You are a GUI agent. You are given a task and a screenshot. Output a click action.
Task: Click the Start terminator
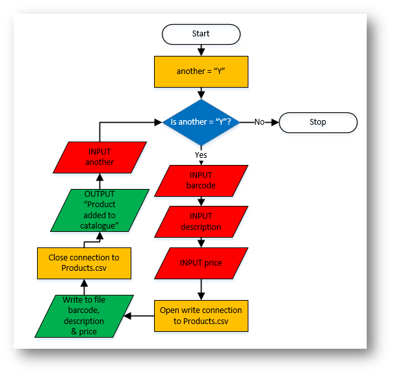[201, 34]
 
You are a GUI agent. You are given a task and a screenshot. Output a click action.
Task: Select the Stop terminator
[318, 122]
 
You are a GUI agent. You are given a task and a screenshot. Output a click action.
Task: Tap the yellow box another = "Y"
[201, 71]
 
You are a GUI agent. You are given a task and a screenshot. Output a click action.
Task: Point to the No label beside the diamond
[259, 122]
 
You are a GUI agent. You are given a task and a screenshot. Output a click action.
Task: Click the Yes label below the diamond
[201, 155]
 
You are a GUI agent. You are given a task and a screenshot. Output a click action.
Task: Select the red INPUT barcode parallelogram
[201, 180]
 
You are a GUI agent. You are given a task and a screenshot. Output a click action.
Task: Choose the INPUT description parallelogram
[201, 222]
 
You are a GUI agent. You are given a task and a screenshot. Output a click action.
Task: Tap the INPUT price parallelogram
[201, 263]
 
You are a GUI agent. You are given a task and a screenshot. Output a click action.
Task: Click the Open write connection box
[201, 316]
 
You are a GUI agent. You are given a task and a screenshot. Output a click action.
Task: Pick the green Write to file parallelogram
[84, 316]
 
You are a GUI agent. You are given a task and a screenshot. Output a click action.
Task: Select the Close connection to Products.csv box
[84, 263]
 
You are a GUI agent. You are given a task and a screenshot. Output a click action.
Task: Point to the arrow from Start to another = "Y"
[201, 50]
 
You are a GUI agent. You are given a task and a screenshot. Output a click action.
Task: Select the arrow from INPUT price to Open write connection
[201, 289]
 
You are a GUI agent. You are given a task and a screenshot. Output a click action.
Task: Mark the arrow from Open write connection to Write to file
[139, 316]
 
